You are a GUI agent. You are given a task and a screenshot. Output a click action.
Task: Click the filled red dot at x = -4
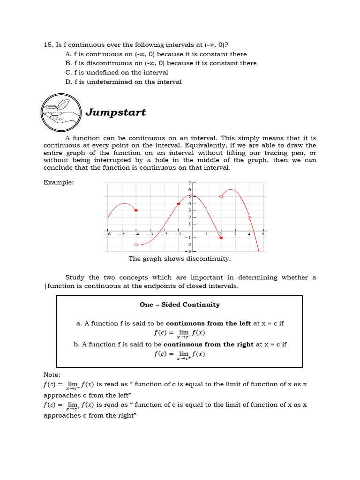[x=136, y=210]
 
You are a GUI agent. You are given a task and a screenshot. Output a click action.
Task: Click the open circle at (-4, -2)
[x=136, y=245]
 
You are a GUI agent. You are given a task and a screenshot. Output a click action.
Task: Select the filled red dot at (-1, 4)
[x=178, y=203]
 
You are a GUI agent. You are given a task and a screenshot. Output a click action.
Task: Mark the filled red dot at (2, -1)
[x=221, y=238]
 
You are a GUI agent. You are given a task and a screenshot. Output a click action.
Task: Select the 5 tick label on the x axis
[x=262, y=234]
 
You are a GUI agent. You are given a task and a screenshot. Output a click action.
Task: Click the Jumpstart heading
[x=115, y=112]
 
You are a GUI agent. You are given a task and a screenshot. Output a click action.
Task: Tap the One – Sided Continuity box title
[x=180, y=305]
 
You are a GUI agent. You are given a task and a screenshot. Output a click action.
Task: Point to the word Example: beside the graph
[x=58, y=182]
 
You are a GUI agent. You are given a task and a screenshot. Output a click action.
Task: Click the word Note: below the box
[x=52, y=375]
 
